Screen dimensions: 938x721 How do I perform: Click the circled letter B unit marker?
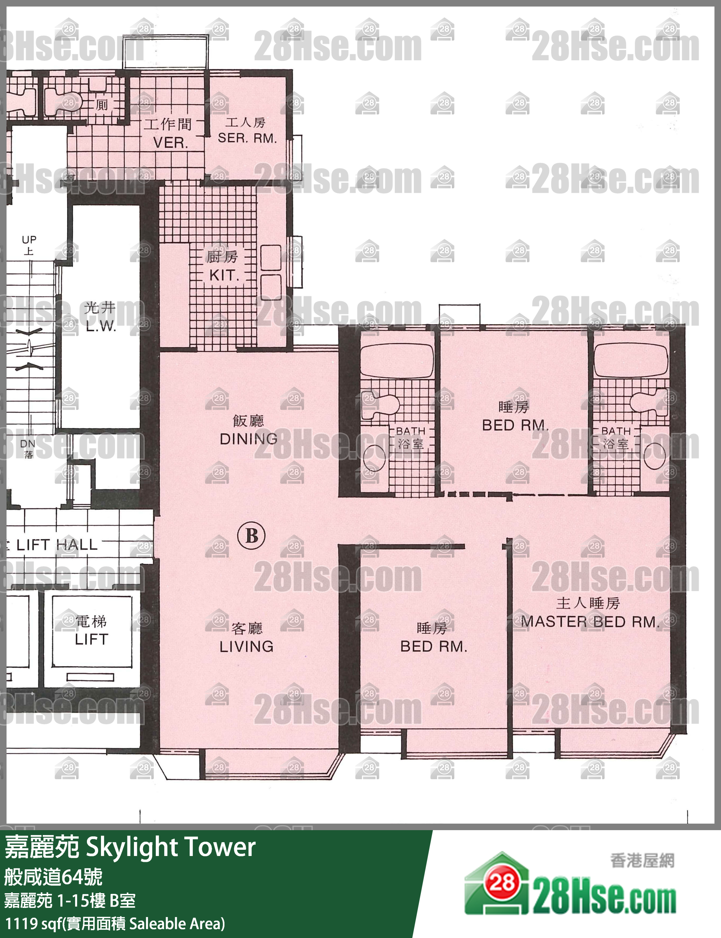(252, 535)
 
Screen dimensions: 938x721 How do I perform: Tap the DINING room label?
(249, 439)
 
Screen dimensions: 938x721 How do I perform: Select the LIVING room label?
(246, 646)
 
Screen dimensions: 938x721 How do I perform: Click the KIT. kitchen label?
(223, 275)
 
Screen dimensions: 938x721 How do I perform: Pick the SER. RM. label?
(247, 138)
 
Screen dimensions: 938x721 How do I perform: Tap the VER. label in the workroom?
(171, 142)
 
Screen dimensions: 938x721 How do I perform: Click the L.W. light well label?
(101, 326)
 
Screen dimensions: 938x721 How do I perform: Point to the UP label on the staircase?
(29, 239)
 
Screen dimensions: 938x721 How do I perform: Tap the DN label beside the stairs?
(28, 444)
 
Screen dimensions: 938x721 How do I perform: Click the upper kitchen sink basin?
(271, 257)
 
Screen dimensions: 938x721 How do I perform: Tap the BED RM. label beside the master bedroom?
(434, 646)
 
